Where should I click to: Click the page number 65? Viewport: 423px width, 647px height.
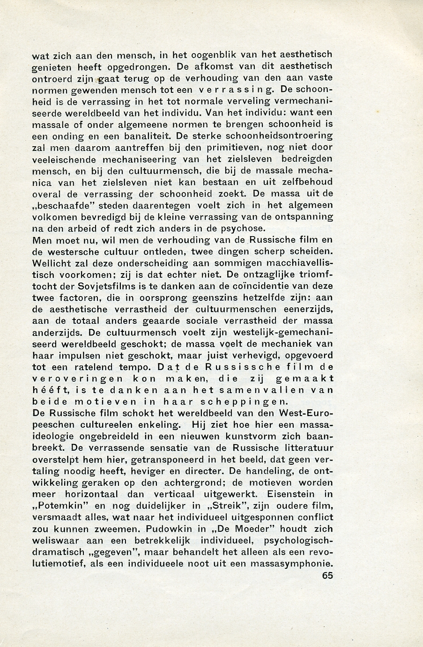327,576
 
